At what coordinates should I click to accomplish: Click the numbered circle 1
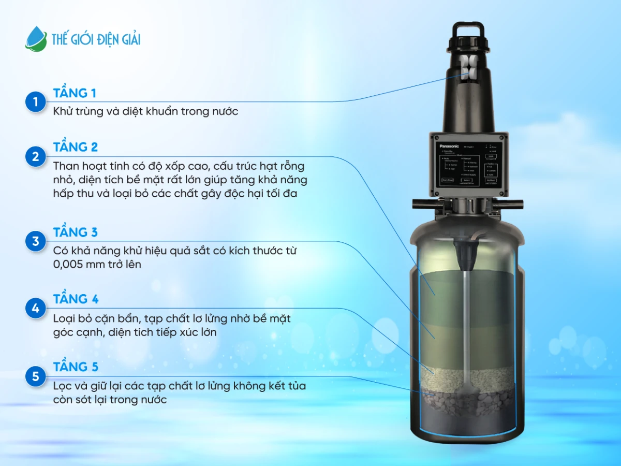pos(36,102)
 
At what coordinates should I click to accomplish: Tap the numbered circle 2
pos(36,156)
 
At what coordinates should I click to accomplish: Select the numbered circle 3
pos(36,241)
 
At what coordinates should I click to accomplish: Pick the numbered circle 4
pos(36,309)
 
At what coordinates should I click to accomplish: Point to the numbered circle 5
pos(36,376)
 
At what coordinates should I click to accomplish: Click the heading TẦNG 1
pos(75,93)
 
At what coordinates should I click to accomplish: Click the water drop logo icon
pos(36,39)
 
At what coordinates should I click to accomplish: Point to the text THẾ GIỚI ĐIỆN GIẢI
pos(96,39)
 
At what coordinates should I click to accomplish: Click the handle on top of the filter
pos(468,30)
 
